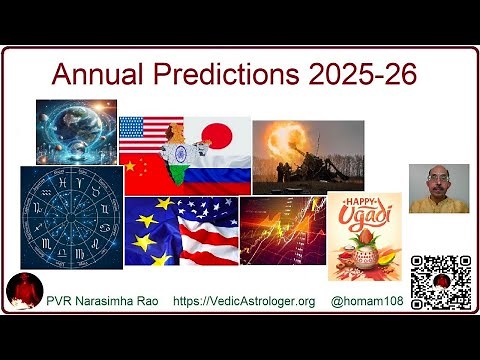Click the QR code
pyautogui.click(x=441, y=283)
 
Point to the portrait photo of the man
pyautogui.click(x=438, y=189)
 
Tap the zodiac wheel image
pyautogui.click(x=72, y=217)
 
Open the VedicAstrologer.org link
pyautogui.click(x=244, y=301)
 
